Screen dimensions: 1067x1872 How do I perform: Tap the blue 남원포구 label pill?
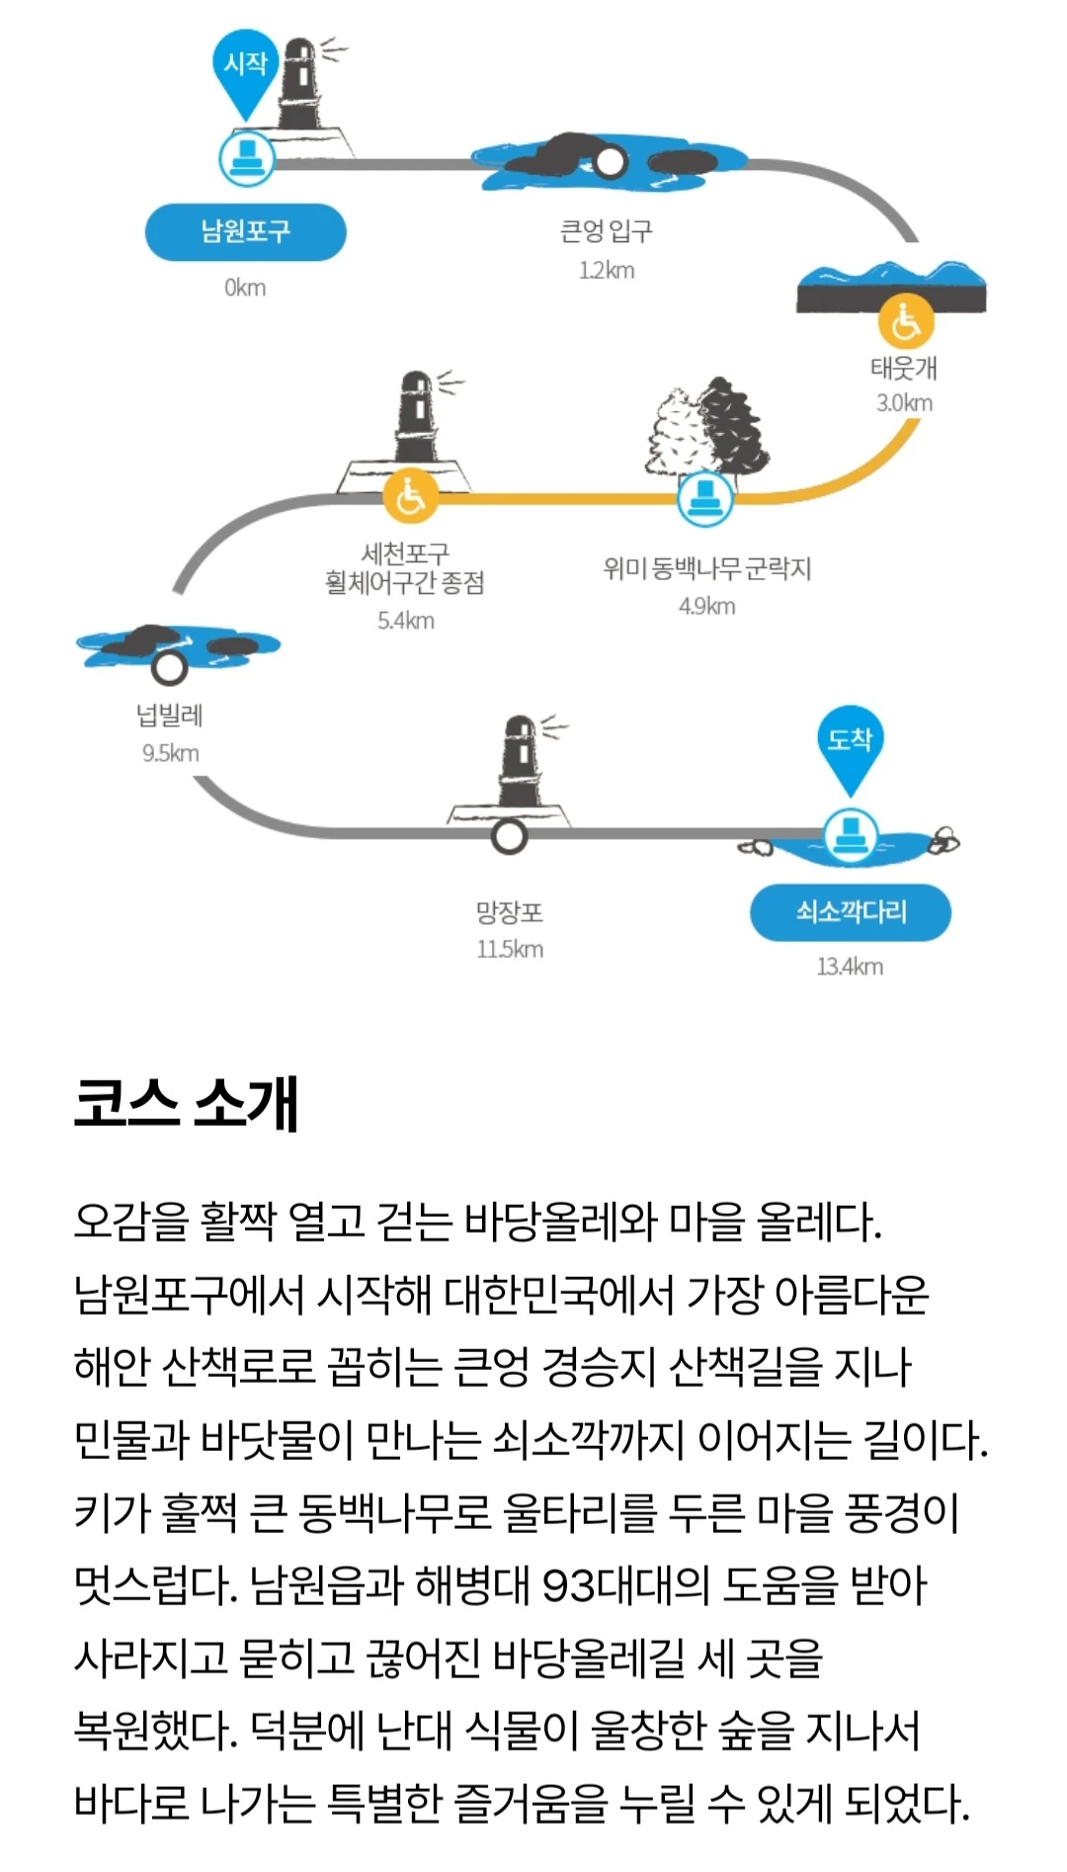coord(246,232)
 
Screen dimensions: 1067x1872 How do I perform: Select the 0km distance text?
coord(245,288)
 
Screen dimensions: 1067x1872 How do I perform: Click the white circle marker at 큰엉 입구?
coord(610,160)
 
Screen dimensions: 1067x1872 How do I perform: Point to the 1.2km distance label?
coord(607,270)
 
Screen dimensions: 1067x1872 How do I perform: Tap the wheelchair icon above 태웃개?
coord(905,320)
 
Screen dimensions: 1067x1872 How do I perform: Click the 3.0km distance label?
coord(904,402)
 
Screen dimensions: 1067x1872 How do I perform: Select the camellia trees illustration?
coord(708,426)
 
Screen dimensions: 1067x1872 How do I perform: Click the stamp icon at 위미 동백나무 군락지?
coord(705,497)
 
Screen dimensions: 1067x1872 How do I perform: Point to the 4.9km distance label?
coord(706,606)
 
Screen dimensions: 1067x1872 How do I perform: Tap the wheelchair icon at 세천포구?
coord(410,497)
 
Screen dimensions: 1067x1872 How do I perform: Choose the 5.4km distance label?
coord(405,621)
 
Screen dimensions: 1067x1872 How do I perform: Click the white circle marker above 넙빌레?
coord(170,667)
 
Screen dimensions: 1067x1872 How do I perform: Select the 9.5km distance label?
coord(170,753)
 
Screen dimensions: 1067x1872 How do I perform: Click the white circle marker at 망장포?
coord(509,836)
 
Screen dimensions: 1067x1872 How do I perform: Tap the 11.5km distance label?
coord(510,949)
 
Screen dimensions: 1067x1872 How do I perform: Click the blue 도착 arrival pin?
coord(850,743)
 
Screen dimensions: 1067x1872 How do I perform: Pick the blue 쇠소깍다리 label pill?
coord(851,912)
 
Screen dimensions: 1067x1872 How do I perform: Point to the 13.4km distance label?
coord(850,967)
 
